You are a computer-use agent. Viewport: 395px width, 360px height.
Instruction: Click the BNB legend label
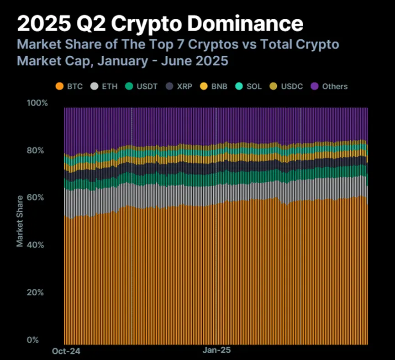tap(220, 86)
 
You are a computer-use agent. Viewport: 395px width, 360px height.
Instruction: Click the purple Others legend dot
tap(314, 86)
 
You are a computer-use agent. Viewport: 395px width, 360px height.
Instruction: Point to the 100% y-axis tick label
tap(38, 103)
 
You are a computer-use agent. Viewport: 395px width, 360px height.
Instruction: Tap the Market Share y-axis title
tap(20, 221)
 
